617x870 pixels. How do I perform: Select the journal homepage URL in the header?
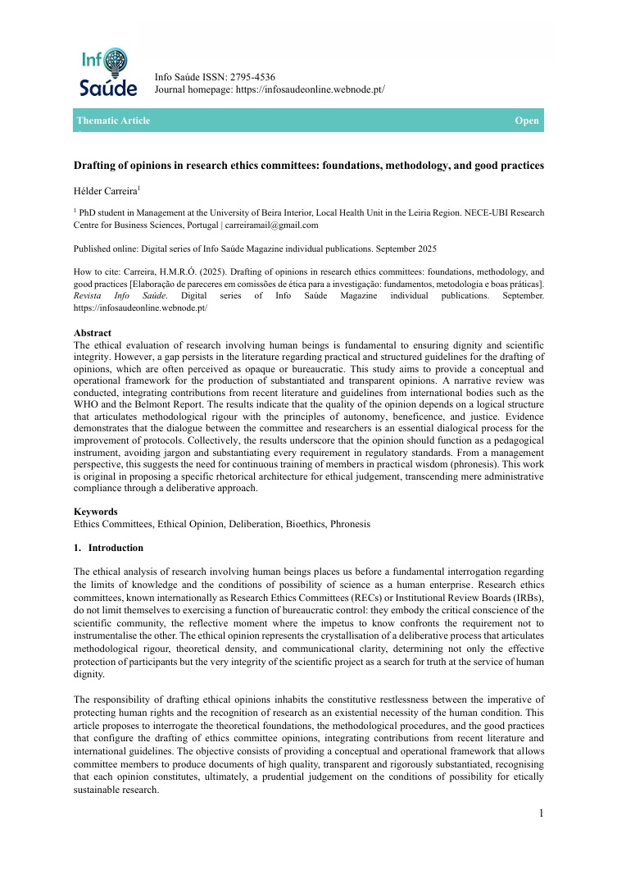coord(310,89)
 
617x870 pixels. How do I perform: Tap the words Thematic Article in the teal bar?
coord(113,121)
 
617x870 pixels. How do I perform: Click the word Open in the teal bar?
coord(526,121)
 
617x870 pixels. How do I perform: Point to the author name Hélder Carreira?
coord(105,190)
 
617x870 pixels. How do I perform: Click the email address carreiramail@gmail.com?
coord(272,224)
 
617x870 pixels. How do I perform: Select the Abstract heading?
coord(93,333)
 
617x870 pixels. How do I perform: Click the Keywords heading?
coord(96,512)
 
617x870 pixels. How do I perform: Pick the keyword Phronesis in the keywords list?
coord(348,524)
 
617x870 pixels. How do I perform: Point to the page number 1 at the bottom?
coord(542,813)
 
